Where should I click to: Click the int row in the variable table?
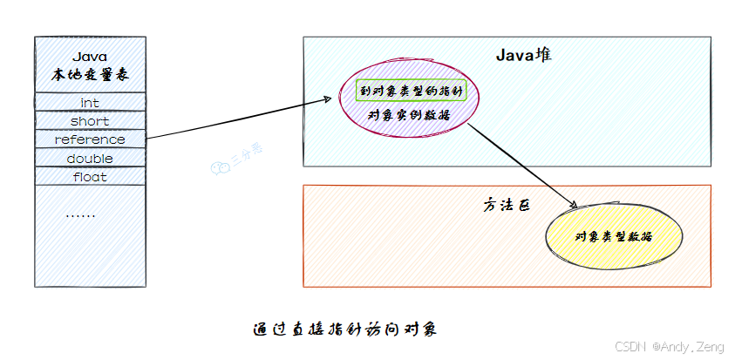click(x=90, y=103)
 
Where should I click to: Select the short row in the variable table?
click(x=90, y=121)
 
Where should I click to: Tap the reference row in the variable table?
click(x=90, y=139)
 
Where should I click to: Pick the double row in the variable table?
click(x=90, y=159)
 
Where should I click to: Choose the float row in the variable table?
click(x=90, y=177)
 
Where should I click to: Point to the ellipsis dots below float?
click(x=81, y=214)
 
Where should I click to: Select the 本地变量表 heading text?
click(x=90, y=75)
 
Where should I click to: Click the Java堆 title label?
click(x=524, y=55)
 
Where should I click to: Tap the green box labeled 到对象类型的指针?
click(x=412, y=90)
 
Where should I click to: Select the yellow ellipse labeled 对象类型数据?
click(x=615, y=236)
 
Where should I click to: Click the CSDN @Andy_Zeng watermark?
click(x=669, y=347)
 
